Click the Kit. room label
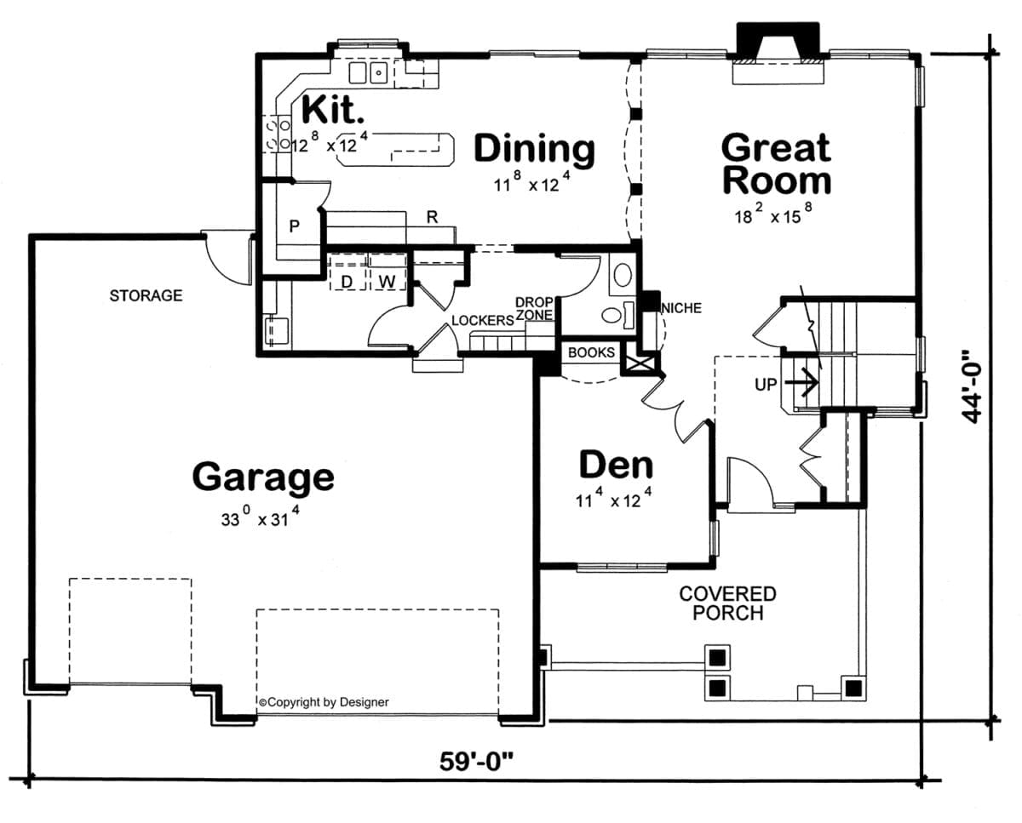[333, 110]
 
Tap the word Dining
[534, 151]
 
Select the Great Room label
[777, 164]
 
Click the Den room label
[616, 466]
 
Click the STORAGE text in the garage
[146, 295]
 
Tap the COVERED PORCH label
[727, 603]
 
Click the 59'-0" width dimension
[476, 762]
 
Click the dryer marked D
[347, 282]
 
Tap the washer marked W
[387, 282]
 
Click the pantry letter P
[295, 226]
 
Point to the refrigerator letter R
[432, 217]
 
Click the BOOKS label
[591, 352]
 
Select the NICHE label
[681, 308]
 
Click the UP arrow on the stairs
[801, 382]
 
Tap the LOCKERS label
[483, 321]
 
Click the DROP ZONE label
[534, 308]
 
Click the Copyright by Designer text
[324, 702]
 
